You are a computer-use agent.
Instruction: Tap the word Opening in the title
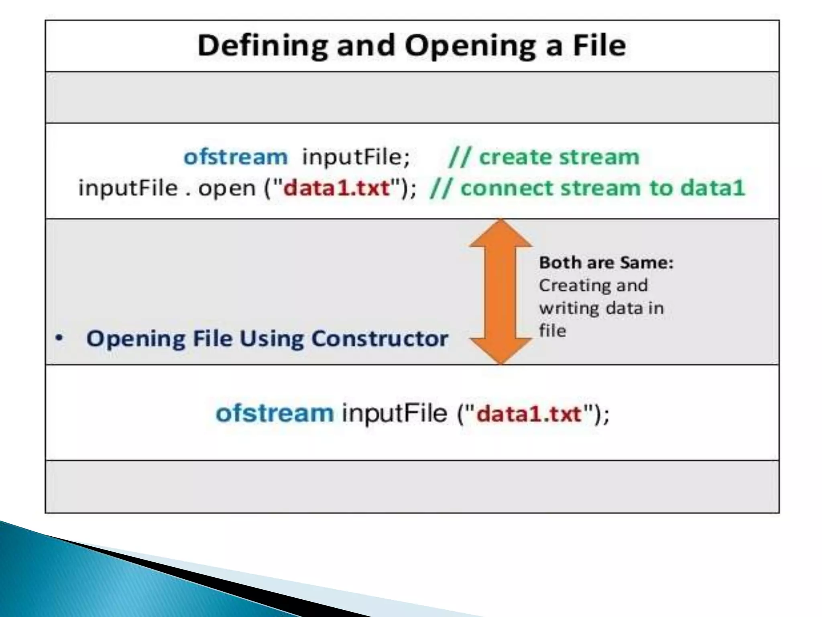point(470,46)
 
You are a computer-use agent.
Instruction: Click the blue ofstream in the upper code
point(236,157)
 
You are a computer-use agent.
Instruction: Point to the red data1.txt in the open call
point(336,188)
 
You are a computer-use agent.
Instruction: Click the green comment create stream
point(544,157)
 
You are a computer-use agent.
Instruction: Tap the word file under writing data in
point(552,331)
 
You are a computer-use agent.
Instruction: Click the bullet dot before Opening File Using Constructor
point(59,338)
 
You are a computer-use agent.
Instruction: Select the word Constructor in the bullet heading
point(379,338)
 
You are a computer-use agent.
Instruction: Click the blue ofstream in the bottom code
point(275,413)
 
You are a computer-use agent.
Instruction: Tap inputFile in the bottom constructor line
point(394,413)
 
